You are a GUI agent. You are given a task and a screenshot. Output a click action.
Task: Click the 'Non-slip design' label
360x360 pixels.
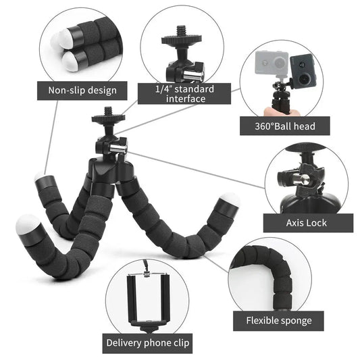coord(82,90)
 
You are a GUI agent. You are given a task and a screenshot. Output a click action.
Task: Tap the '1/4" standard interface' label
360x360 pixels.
coord(184,94)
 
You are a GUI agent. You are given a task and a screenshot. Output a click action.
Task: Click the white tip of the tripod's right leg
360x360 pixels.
coord(230,200)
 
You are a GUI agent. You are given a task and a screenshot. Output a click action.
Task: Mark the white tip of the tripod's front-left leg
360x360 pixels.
coord(28,225)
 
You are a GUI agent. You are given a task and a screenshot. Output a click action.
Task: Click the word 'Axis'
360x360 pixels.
coord(296,223)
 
